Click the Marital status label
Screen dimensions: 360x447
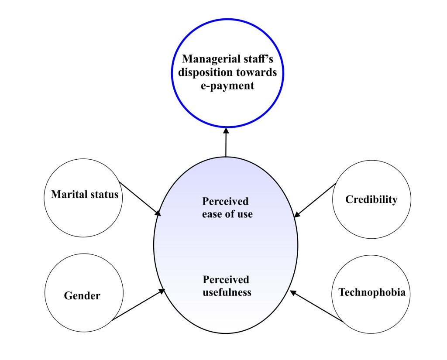pos(84,194)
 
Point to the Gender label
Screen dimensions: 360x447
pos(82,296)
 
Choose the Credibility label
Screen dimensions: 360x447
pos(371,199)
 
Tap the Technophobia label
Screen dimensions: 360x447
pos(372,292)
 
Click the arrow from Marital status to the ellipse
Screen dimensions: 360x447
pos(140,199)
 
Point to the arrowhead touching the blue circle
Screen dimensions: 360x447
pos(226,130)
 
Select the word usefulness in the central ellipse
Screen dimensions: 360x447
pos(227,292)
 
